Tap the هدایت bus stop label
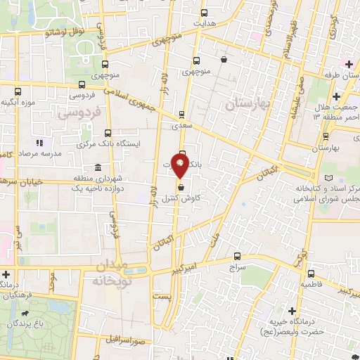click(x=204, y=23)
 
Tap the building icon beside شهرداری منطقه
click(x=97, y=167)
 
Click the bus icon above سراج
click(x=237, y=257)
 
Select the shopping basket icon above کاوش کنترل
click(x=182, y=188)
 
